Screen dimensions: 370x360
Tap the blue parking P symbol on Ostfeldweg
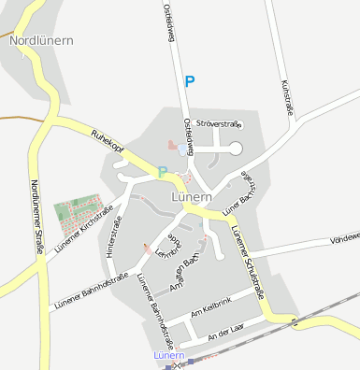(190, 81)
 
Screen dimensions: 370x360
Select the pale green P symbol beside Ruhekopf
(163, 171)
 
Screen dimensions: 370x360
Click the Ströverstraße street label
(220, 123)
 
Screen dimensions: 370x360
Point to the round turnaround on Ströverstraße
(235, 148)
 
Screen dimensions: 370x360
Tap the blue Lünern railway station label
(168, 356)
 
